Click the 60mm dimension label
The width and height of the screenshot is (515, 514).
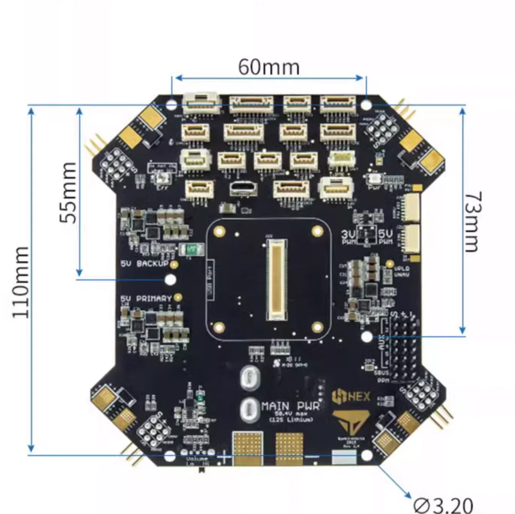pos(269,67)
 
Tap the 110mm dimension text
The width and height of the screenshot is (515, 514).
pos(21,282)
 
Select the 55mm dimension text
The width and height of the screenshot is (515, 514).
pos(69,193)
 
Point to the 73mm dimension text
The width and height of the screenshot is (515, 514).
pos(473,222)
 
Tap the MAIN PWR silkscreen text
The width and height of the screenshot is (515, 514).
pos(290,406)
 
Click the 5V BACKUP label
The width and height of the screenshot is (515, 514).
pos(145,264)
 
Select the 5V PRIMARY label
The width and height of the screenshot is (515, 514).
pos(146,299)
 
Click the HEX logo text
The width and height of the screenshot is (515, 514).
pos(351,397)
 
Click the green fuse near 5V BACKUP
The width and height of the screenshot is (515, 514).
pos(191,249)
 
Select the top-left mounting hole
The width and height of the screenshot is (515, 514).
pos(172,105)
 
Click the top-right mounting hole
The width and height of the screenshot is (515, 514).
pos(366,104)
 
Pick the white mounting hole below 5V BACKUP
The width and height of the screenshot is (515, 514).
pos(170,279)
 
